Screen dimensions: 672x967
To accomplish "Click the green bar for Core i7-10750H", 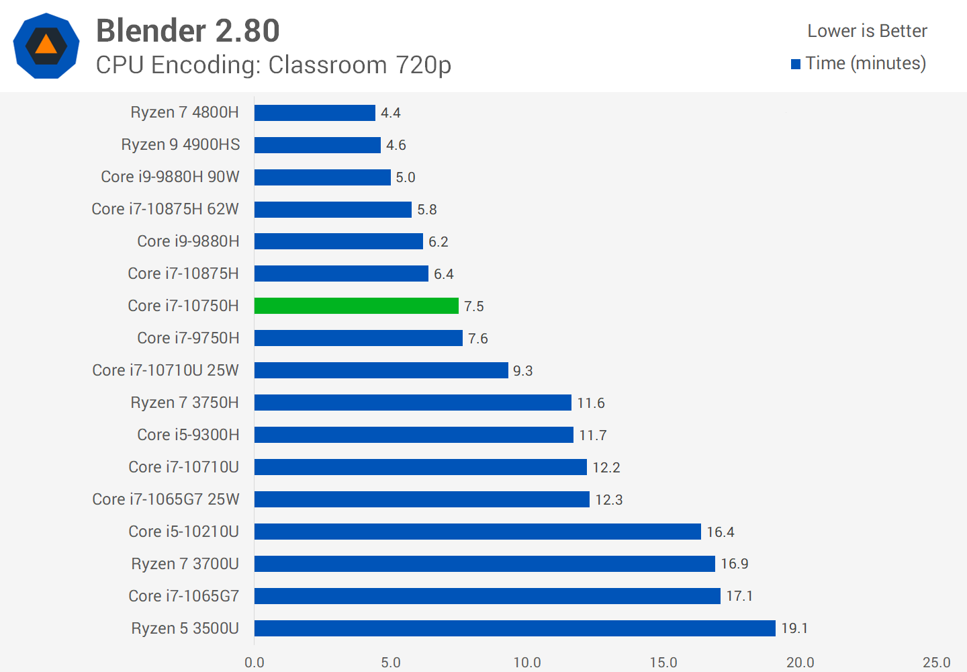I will (x=356, y=306).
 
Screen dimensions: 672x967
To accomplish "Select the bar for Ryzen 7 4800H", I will (x=314, y=113).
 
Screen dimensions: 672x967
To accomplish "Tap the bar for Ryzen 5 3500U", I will (x=514, y=628).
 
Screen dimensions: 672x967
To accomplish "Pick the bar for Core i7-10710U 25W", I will (x=381, y=370).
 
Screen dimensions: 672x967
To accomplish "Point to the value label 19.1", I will (x=794, y=628).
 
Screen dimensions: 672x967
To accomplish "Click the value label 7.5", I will (x=473, y=306).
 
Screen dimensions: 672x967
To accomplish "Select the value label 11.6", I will (x=591, y=403).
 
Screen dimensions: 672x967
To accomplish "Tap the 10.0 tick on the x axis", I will (x=527, y=663).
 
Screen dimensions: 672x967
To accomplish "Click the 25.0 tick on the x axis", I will (x=936, y=663).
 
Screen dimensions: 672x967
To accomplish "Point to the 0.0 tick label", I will (x=255, y=663).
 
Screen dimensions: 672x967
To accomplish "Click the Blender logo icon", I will (x=46, y=46).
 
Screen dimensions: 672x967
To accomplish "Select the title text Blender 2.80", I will (x=188, y=31).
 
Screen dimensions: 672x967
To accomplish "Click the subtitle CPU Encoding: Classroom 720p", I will (x=273, y=65).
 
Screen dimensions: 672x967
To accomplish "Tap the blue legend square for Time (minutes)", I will (x=796, y=65).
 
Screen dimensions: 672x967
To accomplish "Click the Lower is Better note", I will (x=867, y=31).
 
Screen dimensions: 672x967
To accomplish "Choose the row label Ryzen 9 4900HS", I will (x=180, y=144).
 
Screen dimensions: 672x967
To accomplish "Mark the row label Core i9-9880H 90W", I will (x=170, y=177).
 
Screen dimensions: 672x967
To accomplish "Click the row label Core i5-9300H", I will (x=188, y=435).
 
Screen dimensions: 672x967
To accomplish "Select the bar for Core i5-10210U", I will (x=477, y=532).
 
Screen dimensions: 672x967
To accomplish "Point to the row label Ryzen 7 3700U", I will (x=185, y=564).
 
